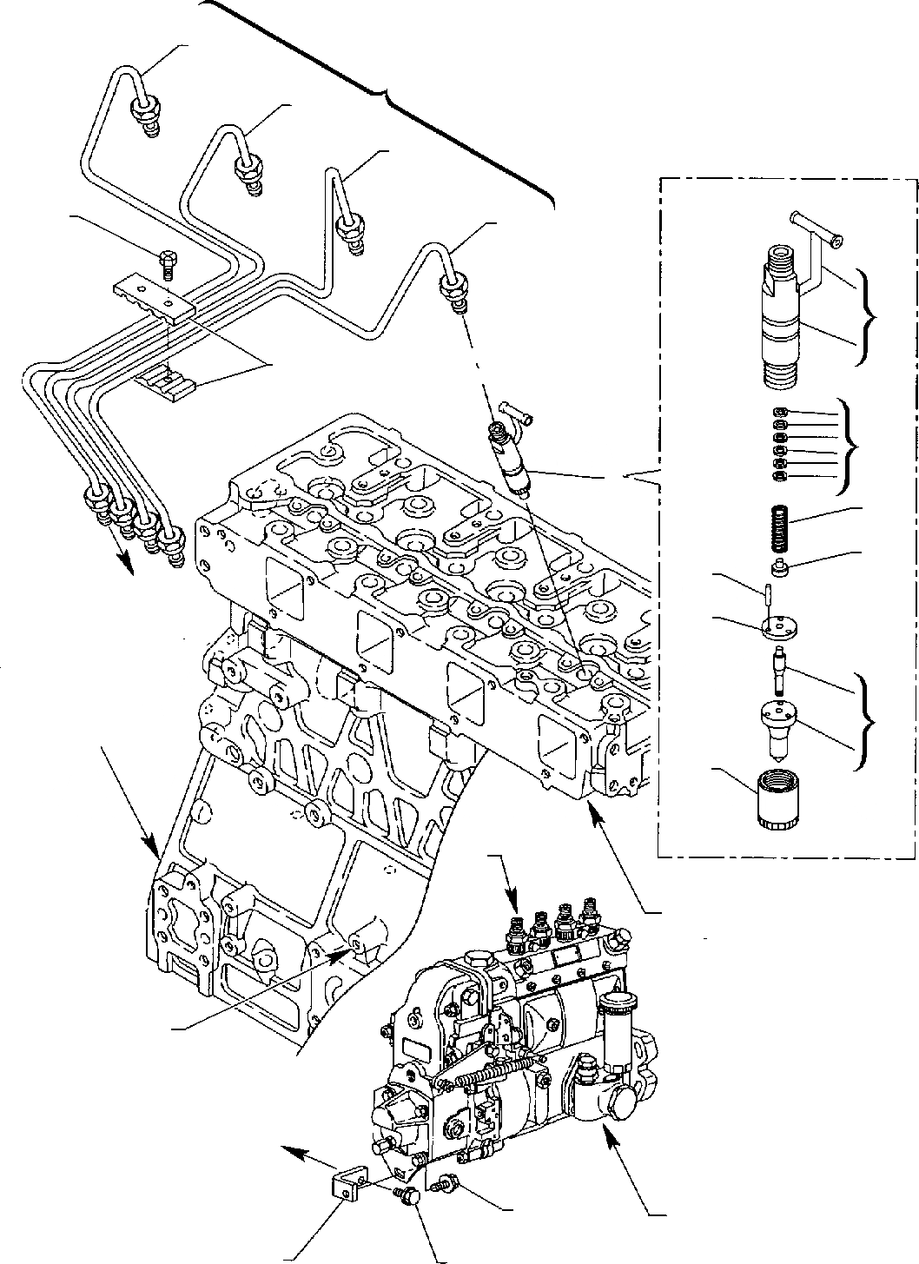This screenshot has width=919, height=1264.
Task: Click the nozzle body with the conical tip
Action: click(777, 723)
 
